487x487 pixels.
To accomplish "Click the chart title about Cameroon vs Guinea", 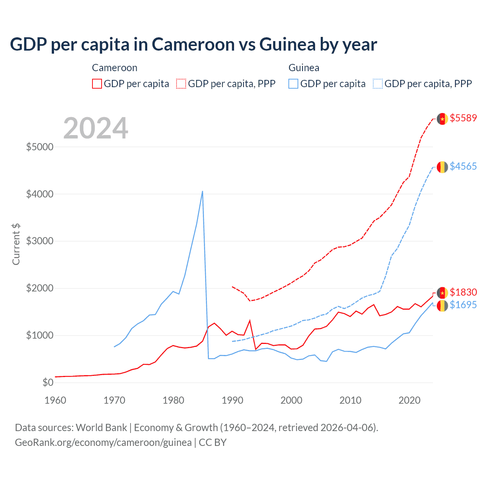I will pos(193,45).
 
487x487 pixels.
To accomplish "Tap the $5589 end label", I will pos(463,118).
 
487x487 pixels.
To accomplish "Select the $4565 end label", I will pos(463,166).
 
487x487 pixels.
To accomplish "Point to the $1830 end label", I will pos(463,292).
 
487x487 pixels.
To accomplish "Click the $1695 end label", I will pos(463,305).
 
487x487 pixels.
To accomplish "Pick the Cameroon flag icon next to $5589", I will pos(442,119).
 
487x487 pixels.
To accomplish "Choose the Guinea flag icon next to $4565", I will pos(442,167).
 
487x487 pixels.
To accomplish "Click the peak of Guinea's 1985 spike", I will pos(202,191).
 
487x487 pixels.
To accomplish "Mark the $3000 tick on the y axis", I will pos(40,241).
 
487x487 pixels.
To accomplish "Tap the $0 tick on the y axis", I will pos(48,382).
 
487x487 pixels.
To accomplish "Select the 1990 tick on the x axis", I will pos(232,400).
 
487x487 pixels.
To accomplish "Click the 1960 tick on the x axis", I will pos(56,400).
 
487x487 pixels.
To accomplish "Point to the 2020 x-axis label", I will pos(409,400).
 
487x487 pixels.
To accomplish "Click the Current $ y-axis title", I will pos(16,244).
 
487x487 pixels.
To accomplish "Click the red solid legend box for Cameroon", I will pos(97,84).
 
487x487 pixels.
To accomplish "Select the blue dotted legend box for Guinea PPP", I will pos(378,84).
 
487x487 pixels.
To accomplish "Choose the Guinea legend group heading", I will pos(304,68).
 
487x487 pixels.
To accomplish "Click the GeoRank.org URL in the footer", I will pos(103,442).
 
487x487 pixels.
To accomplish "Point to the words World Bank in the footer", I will pos(101,428).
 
